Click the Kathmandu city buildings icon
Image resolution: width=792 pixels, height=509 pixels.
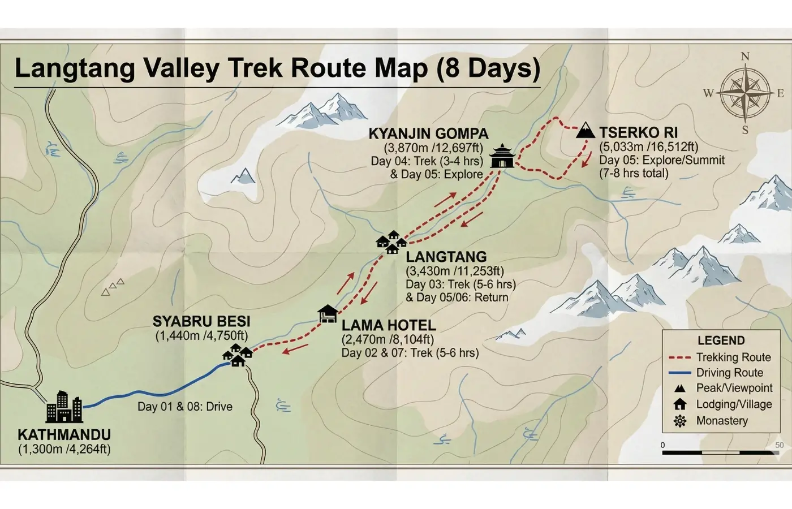tap(64, 407)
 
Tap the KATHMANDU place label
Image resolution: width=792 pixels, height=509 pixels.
tap(64, 435)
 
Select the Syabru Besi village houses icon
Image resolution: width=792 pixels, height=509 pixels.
tap(238, 355)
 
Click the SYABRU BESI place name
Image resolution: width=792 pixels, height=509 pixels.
tap(201, 322)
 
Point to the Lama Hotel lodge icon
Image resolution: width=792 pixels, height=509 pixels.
tap(328, 314)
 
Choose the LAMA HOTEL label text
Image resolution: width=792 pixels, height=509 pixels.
tap(389, 326)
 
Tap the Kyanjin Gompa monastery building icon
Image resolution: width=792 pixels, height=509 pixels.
tap(502, 157)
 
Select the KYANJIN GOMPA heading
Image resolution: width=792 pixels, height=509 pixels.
tap(428, 134)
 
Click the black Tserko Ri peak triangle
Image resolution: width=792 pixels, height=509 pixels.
tap(586, 131)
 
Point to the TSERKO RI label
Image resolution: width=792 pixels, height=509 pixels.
tap(638, 133)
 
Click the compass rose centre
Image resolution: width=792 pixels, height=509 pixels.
tap(745, 93)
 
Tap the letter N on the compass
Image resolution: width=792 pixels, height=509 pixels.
tap(745, 57)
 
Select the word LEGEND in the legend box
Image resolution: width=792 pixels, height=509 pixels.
tap(721, 340)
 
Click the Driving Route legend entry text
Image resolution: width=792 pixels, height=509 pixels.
tap(729, 373)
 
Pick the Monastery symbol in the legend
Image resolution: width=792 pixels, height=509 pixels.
tap(680, 421)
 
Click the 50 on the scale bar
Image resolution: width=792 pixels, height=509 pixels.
tap(779, 445)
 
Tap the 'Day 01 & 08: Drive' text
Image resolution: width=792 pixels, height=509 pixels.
tap(185, 407)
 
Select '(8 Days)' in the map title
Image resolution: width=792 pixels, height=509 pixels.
tap(488, 68)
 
